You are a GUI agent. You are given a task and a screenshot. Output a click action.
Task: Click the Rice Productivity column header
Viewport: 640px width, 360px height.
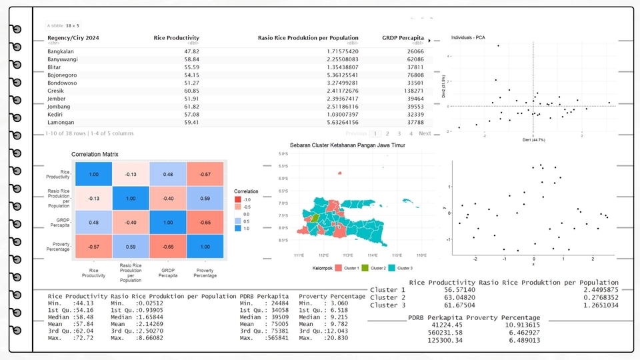[176, 38]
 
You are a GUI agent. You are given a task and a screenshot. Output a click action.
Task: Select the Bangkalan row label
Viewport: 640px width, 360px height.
[61, 51]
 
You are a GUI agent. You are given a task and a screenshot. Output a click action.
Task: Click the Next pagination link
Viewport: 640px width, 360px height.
[425, 133]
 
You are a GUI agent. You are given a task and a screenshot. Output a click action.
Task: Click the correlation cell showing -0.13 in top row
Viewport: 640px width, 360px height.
[131, 175]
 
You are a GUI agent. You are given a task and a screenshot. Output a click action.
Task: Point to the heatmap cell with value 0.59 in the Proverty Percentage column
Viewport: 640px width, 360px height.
[205, 198]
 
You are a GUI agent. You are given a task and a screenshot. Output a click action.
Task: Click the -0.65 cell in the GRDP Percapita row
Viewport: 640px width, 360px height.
[205, 222]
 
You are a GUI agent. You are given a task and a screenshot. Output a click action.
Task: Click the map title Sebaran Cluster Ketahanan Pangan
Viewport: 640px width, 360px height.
[355, 145]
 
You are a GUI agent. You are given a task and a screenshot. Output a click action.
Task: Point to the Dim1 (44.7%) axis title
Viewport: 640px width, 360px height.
[533, 140]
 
